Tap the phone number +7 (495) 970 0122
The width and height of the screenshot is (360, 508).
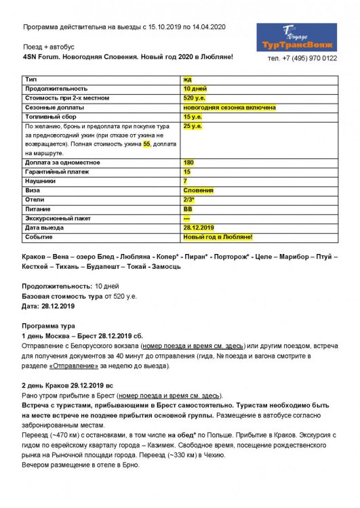pyautogui.click(x=302, y=58)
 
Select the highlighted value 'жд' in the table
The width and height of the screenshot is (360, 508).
pyautogui.click(x=187, y=80)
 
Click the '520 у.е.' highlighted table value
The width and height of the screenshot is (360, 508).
pyautogui.click(x=194, y=98)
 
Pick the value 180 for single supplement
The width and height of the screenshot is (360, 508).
pyautogui.click(x=188, y=163)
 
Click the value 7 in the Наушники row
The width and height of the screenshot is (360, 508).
pyautogui.click(x=185, y=181)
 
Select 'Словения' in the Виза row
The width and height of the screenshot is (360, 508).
pyautogui.click(x=198, y=190)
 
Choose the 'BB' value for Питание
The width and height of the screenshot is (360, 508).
pyautogui.click(x=188, y=209)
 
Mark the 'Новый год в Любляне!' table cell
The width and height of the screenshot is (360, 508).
pyautogui.click(x=218, y=236)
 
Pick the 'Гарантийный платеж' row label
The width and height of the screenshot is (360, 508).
pyautogui.click(x=56, y=172)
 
